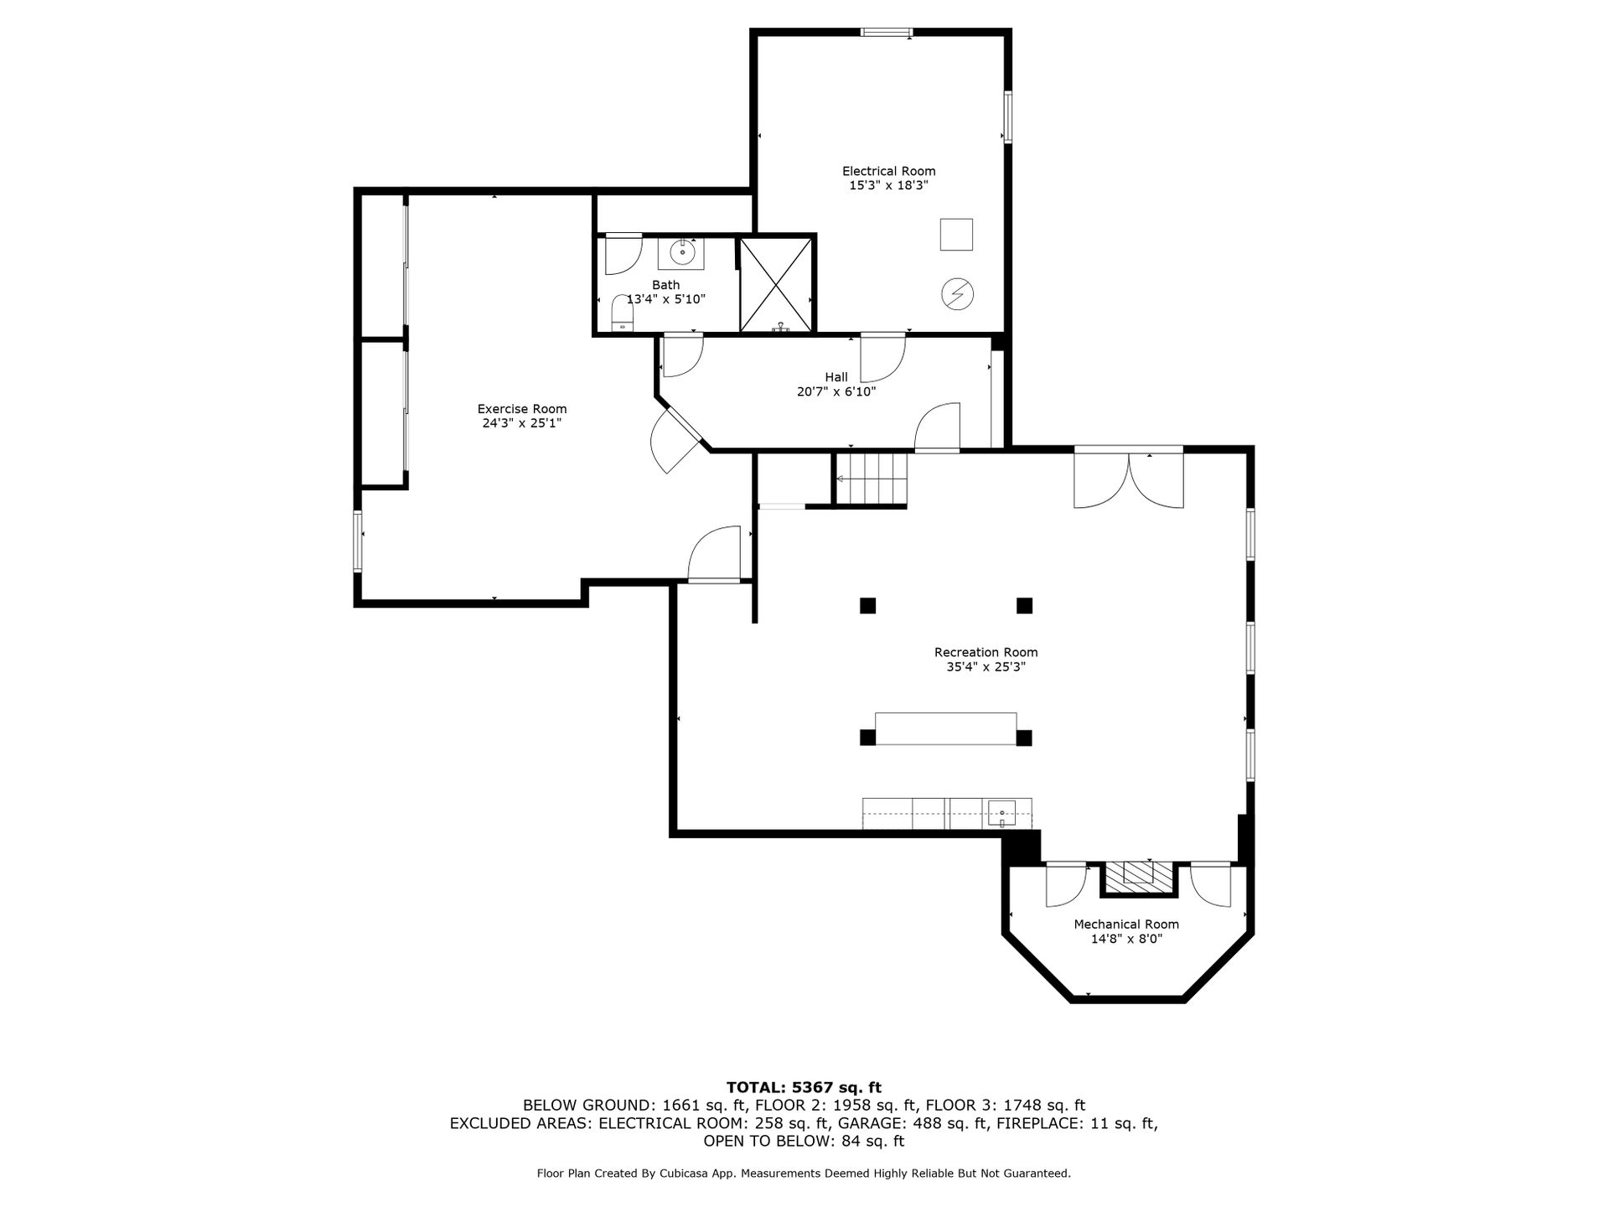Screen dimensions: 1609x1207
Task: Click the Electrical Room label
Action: [888, 171]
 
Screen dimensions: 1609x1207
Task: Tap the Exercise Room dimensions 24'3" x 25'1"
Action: [521, 423]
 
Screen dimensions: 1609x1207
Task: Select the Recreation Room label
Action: [986, 652]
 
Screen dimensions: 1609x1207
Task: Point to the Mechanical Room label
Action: [1126, 925]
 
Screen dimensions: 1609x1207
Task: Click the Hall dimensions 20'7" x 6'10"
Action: [836, 391]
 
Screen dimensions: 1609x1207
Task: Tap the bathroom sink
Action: [682, 251]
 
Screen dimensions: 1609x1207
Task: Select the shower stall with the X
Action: [777, 284]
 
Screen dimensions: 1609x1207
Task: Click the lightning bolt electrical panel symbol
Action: [957, 293]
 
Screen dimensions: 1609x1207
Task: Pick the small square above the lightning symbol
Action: [956, 234]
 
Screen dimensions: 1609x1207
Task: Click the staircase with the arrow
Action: [872, 479]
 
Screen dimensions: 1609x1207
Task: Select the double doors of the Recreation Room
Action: [1129, 479]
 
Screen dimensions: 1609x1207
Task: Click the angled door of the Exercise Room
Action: [675, 439]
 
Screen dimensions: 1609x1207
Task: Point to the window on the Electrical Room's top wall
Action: [887, 33]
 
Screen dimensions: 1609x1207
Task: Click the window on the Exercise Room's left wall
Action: [358, 541]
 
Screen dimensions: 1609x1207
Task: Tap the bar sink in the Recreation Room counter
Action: [1001, 812]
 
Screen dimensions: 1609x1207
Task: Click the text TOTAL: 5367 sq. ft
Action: [804, 1088]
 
